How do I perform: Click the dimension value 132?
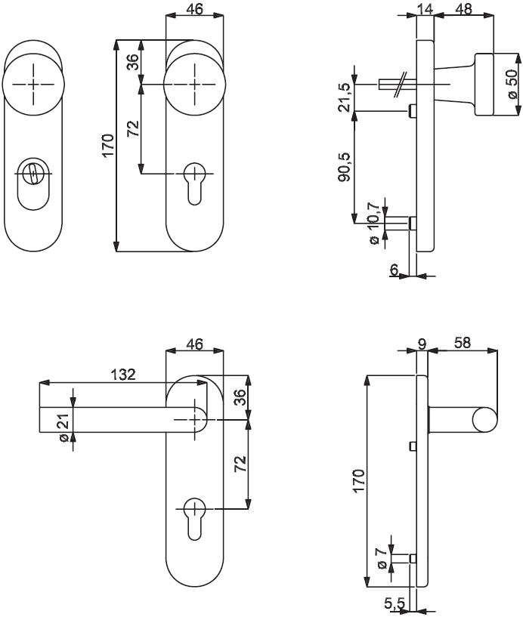(122, 375)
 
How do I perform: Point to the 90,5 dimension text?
(344, 167)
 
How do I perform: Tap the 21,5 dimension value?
(344, 97)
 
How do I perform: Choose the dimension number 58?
(463, 343)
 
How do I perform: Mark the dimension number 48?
(465, 10)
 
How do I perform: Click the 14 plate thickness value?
(425, 10)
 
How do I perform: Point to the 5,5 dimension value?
(395, 603)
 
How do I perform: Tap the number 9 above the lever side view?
(422, 344)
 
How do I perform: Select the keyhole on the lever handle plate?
(193, 518)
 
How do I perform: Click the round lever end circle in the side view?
(484, 420)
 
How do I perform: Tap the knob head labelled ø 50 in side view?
(484, 85)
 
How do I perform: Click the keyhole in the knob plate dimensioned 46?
(193, 183)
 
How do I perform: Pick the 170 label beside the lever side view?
(359, 481)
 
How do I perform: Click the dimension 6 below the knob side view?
(394, 270)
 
